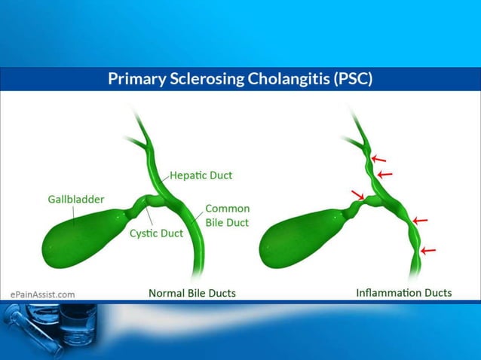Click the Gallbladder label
coord(71,200)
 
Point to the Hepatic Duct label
coord(201,175)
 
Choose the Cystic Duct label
coord(156,233)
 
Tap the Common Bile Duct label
coord(227,215)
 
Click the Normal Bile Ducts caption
coord(191,292)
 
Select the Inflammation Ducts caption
coord(404,292)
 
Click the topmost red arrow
coord(378,160)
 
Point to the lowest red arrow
coord(427,250)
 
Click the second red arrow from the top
coord(384,175)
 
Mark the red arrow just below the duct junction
coord(420,221)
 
